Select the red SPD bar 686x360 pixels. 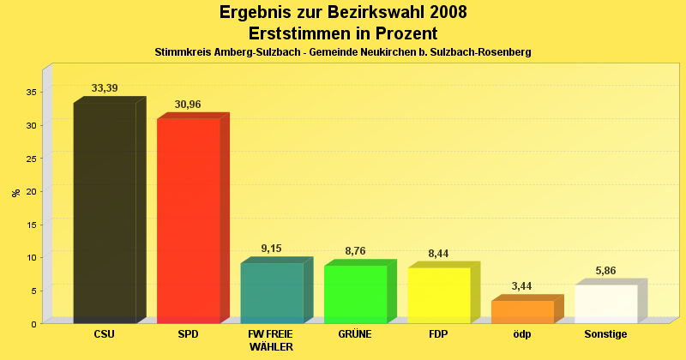pos(188,220)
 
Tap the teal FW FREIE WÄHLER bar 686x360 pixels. pos(272,292)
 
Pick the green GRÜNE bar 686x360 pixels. pos(355,294)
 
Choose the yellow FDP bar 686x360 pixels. pos(439,295)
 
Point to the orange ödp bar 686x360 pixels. pos(522,311)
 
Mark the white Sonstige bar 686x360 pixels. pos(605,303)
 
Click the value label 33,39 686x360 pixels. pos(105,88)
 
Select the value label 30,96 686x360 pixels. pos(188,105)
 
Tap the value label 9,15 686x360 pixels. pos(271,249)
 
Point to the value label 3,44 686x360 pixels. pos(522,285)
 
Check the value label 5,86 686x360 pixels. pos(605,270)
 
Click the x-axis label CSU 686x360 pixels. pos(105,334)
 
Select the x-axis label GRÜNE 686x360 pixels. pos(355,334)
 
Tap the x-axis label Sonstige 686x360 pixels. pos(605,334)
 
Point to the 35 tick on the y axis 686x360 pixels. pos(30,92)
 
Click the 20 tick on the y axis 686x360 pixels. pos(30,191)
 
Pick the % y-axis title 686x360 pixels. pos(16,192)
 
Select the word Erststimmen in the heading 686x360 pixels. pos(299,33)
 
